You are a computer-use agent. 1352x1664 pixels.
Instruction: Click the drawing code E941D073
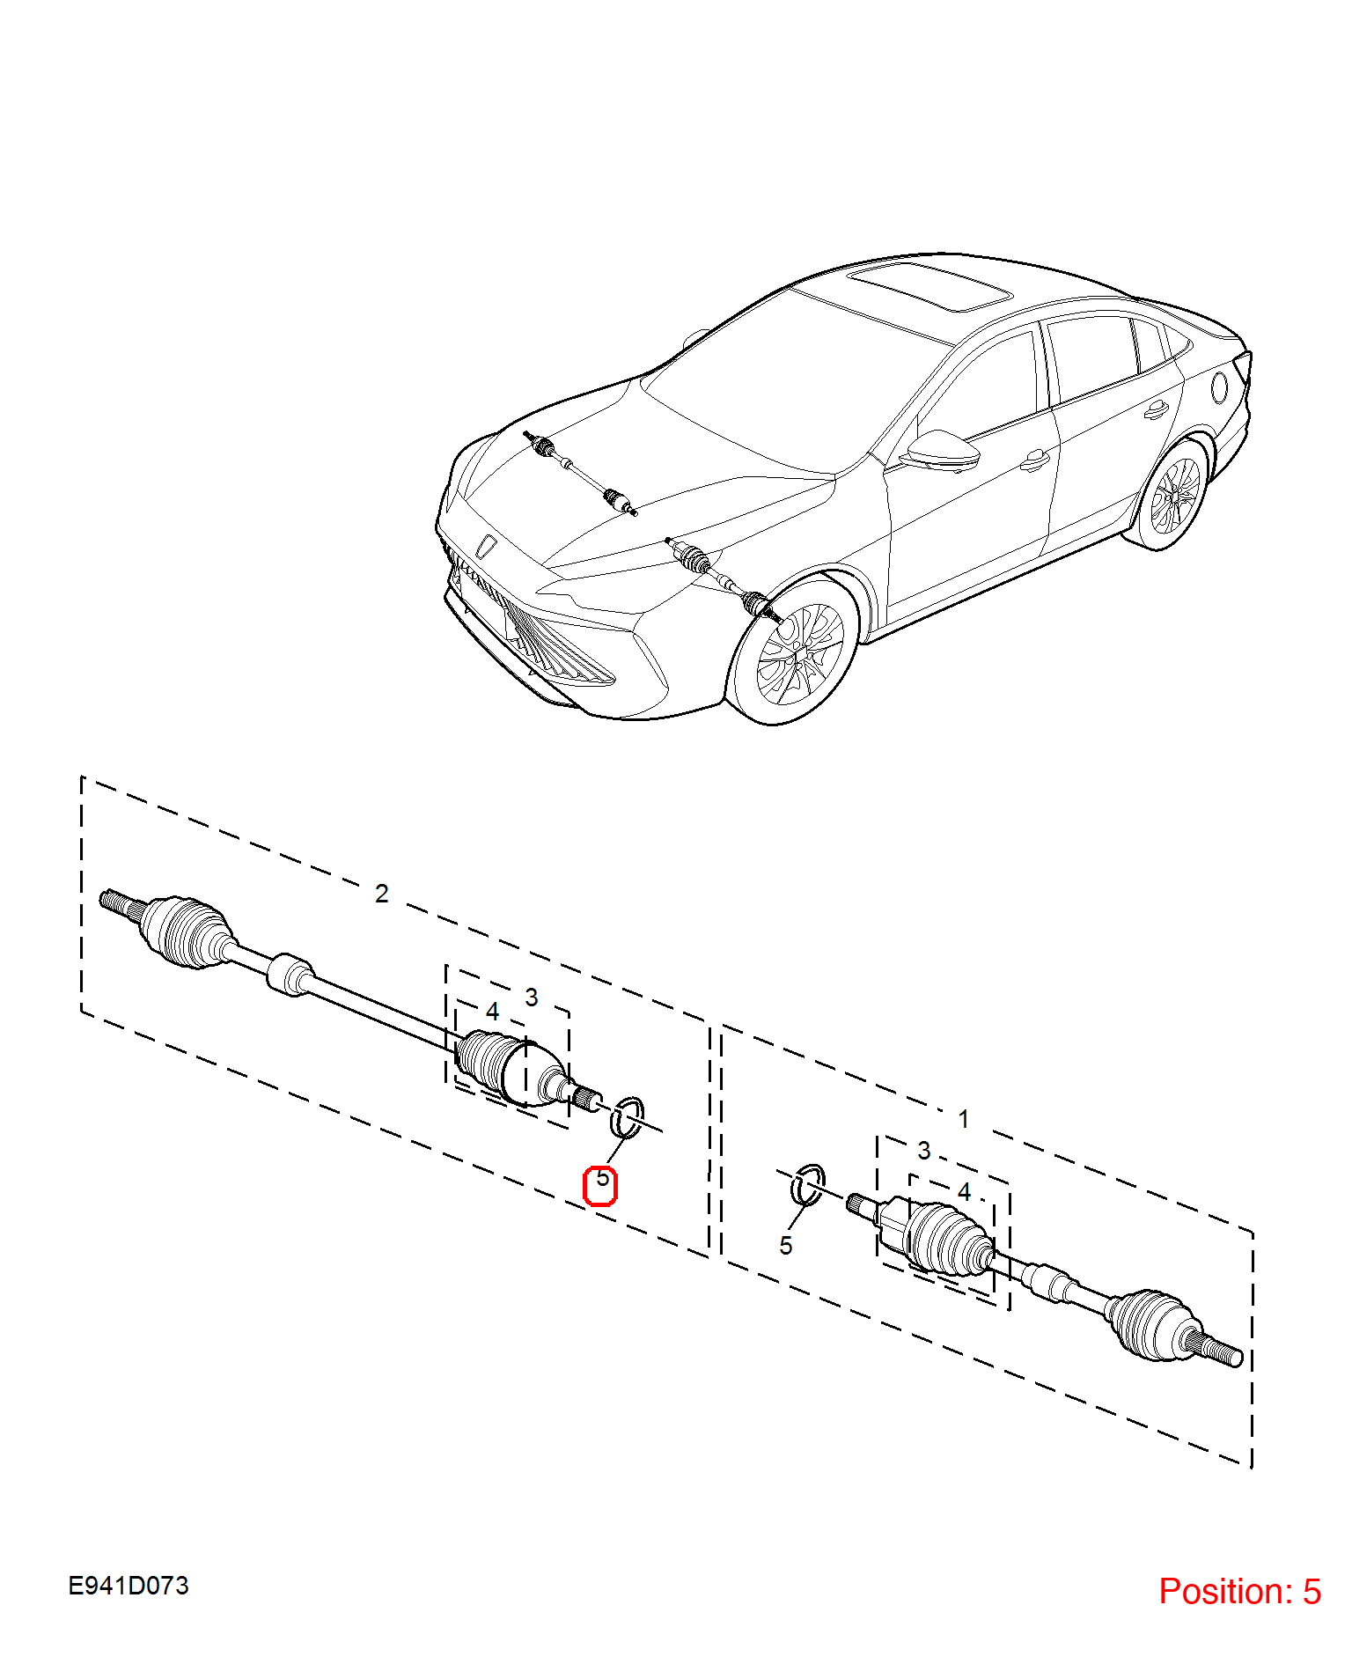[x=129, y=1587]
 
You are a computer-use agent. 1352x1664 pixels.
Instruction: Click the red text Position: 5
[x=1239, y=1592]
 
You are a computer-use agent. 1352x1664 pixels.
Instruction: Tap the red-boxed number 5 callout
[x=602, y=1178]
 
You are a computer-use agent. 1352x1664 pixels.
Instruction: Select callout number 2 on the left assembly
[x=382, y=894]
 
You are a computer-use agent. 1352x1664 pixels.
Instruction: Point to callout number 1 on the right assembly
[x=964, y=1119]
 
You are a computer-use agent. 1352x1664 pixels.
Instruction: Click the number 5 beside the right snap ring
[x=786, y=1246]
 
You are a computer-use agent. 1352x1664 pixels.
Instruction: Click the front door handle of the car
[x=1035, y=460]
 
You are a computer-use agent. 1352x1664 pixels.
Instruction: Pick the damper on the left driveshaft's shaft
[x=290, y=975]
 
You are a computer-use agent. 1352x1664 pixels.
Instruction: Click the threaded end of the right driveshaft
[x=1219, y=1348]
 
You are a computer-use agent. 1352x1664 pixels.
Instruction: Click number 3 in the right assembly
[x=924, y=1151]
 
